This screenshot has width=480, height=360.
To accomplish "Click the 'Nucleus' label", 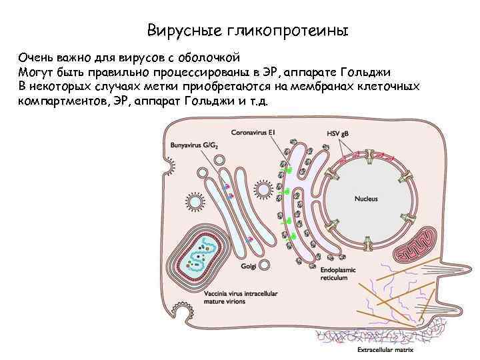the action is (x=366, y=199).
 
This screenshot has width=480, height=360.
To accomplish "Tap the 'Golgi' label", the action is (x=249, y=268).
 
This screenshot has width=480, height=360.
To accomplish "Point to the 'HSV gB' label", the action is (x=338, y=133).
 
